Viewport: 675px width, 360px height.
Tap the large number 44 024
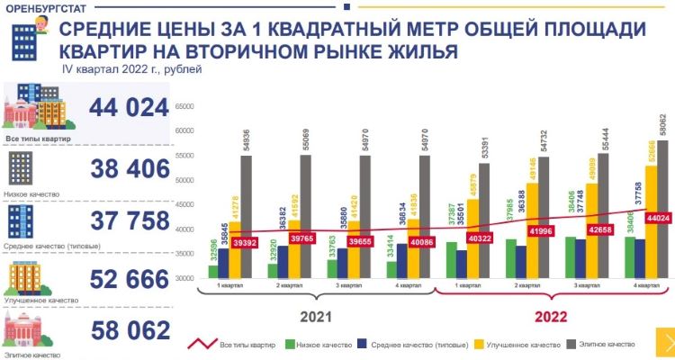pyautogui.click(x=129, y=109)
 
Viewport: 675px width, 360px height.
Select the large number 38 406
pyautogui.click(x=129, y=168)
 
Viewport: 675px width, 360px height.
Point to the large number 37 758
pyautogui.click(x=129, y=220)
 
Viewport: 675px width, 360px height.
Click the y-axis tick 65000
pyautogui.click(x=185, y=106)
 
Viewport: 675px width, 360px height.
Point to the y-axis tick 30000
pyautogui.click(x=185, y=278)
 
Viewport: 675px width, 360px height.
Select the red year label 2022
pyautogui.click(x=550, y=317)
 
